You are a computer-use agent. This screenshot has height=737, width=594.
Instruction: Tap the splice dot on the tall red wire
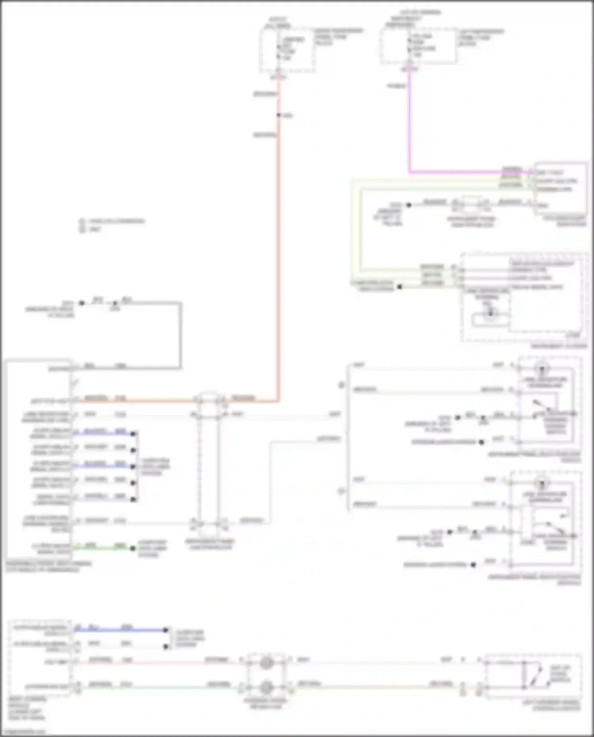278,115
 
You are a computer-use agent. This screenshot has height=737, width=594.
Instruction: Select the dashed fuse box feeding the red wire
287,50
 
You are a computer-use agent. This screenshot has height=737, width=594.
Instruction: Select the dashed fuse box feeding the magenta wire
418,46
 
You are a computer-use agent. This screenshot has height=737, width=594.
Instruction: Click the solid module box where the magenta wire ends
560,188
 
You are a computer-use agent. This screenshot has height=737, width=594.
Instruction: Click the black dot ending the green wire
133,548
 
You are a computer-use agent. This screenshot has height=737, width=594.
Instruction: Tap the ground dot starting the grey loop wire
82,303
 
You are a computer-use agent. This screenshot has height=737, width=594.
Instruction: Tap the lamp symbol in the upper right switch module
542,369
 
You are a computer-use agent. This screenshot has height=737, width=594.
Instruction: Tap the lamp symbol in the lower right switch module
541,484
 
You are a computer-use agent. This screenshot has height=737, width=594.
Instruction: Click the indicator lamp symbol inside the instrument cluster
490,314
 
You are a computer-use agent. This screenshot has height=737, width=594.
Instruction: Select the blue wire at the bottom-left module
119,630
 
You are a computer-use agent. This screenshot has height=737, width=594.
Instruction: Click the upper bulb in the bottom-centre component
266,663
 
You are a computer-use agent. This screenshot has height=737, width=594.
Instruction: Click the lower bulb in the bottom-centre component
266,687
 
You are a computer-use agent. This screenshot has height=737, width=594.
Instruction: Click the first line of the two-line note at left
113,221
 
